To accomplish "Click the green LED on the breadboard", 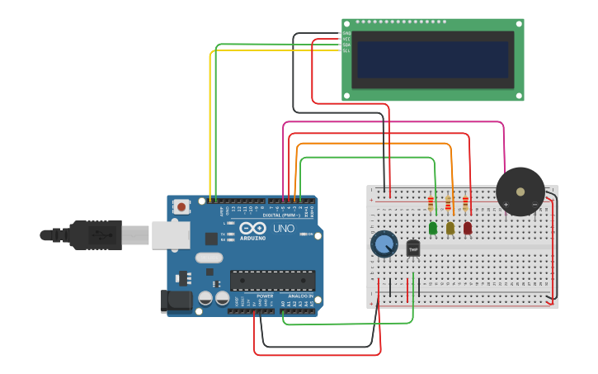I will point(432,228).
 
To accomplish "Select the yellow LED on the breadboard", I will point(450,228).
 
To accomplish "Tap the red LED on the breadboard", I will point(468,228).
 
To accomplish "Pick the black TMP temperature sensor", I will point(413,247).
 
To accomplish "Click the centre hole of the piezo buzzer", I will point(520,192).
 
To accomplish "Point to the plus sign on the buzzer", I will point(506,204).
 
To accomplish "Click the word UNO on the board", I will point(283,228).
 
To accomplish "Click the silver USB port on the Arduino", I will point(171,234).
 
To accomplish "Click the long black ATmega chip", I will point(272,281).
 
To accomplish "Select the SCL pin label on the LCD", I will point(346,51).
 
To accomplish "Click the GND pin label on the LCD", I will point(346,34).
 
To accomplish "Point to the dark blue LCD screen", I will point(432,59).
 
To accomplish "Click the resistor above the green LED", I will point(431,203).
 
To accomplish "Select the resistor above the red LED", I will point(466,203).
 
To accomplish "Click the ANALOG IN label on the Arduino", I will point(299,296).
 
